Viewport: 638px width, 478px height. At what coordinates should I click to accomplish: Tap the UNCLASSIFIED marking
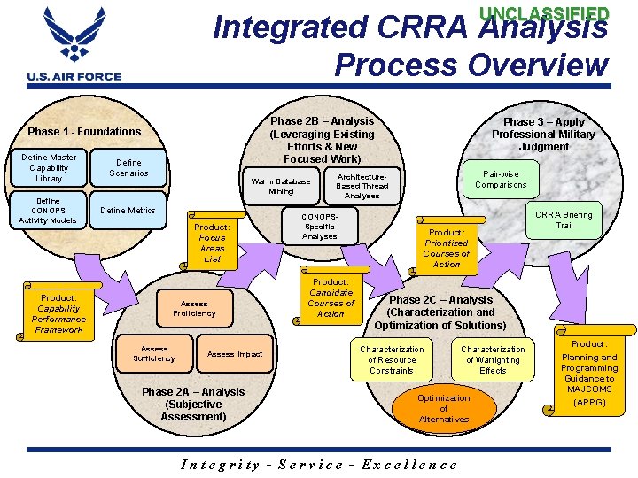coord(544,14)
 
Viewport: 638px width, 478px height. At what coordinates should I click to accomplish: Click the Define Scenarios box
coord(128,167)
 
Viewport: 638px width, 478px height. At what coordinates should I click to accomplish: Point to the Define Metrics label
coord(128,211)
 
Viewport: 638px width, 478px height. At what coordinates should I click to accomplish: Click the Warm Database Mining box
coord(281,186)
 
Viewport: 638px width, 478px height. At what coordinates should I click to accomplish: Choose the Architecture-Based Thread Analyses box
coord(362,185)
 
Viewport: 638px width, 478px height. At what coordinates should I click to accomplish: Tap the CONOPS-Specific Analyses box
coord(319,226)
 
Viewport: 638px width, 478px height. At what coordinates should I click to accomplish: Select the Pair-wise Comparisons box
coord(501,180)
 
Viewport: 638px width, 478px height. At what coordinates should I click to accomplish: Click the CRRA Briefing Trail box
coord(564,220)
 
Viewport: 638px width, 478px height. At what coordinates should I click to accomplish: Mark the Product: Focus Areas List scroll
coord(212,243)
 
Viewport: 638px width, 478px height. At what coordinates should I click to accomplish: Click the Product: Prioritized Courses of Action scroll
coord(446,248)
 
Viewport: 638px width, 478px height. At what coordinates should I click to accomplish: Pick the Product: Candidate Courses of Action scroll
coord(331,297)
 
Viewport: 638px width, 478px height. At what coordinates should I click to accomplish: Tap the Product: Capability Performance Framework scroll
coord(58,313)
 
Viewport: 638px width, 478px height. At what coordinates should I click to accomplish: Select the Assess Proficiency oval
coord(194,307)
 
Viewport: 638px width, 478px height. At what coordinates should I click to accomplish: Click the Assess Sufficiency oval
coord(153,353)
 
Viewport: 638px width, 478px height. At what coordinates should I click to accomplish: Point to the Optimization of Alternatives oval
coord(444,408)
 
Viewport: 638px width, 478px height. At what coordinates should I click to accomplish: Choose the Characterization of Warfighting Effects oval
coord(493,359)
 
